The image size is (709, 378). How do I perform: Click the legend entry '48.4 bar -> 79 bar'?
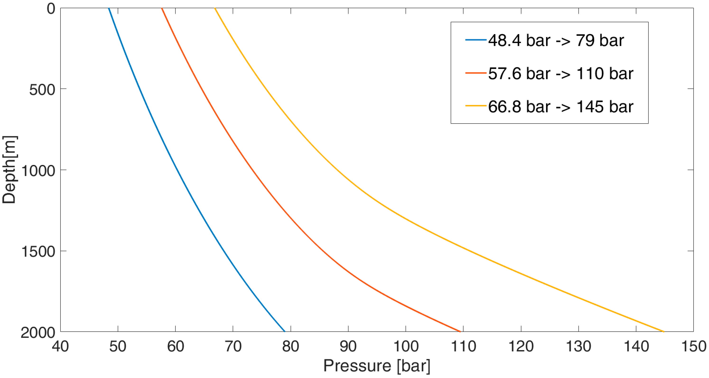click(556, 40)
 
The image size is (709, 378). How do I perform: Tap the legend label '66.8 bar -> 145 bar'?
click(561, 107)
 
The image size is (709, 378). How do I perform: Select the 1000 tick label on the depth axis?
click(38, 171)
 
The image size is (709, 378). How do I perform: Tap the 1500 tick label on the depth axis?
click(38, 251)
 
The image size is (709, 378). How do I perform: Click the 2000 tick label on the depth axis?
click(38, 332)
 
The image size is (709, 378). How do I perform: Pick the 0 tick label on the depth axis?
click(51, 9)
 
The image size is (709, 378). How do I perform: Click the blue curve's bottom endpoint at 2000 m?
click(285, 331)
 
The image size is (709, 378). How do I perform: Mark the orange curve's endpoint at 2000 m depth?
click(460, 331)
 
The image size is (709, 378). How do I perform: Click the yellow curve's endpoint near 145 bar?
click(664, 331)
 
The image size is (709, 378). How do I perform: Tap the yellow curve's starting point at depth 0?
click(215, 9)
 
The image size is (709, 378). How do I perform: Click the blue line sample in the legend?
click(476, 40)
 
